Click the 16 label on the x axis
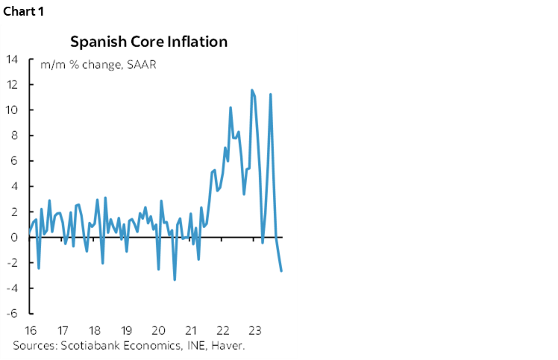click(31, 329)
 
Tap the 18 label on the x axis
click(95, 329)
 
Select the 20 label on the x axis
click(158, 329)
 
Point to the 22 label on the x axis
click(222, 329)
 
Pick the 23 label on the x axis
click(254, 329)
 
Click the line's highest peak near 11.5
click(252, 90)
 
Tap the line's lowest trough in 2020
click(175, 280)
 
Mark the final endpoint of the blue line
click(281, 271)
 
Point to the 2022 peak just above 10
click(231, 107)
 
